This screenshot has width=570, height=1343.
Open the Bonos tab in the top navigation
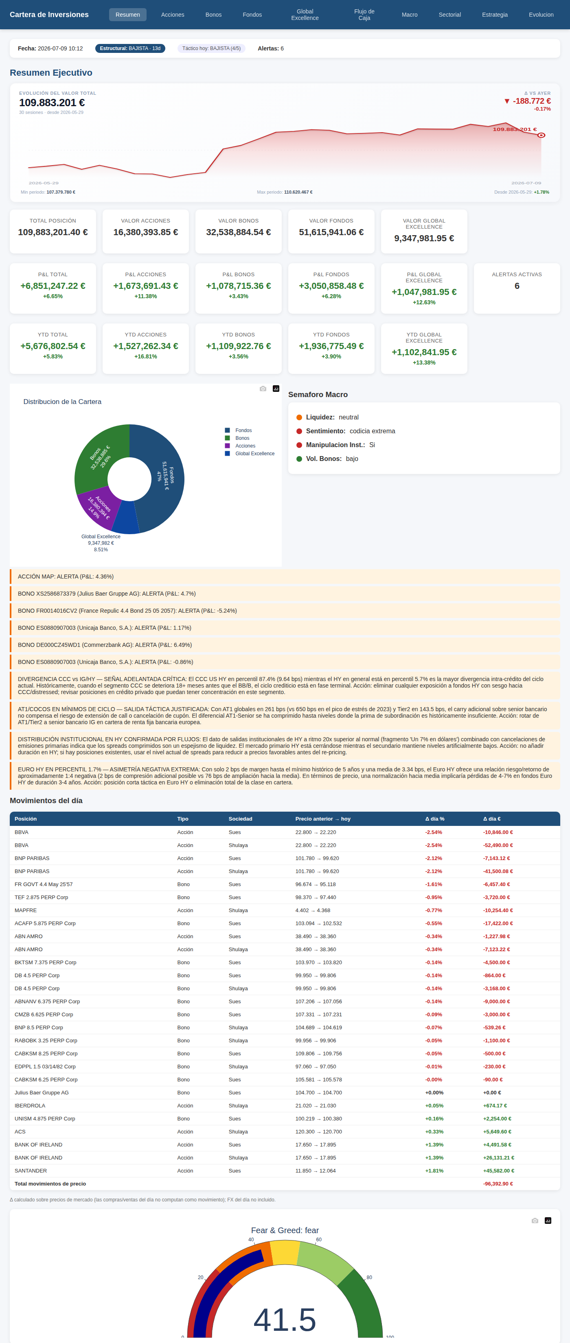(x=213, y=15)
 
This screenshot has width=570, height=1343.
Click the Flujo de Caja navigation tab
(x=364, y=15)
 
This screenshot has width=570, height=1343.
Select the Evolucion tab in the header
(x=541, y=15)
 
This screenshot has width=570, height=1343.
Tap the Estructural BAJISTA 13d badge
(x=130, y=48)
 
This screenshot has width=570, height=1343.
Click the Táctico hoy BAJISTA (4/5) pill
(x=211, y=48)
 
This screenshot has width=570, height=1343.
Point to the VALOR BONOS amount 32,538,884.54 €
(x=238, y=232)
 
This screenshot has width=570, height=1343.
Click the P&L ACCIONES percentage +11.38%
(x=145, y=296)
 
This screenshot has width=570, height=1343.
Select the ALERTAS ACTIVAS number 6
(x=517, y=286)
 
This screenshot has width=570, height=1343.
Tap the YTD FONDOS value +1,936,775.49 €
(x=331, y=346)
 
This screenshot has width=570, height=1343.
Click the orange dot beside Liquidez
(x=299, y=417)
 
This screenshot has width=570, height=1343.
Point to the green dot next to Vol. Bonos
(x=299, y=459)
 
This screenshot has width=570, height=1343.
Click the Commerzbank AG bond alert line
(x=105, y=645)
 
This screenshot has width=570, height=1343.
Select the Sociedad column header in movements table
(x=240, y=819)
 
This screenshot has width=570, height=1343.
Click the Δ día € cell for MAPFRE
(x=498, y=910)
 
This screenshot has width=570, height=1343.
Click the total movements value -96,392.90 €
(x=498, y=1184)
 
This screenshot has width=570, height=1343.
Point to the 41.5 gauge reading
(x=285, y=1319)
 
